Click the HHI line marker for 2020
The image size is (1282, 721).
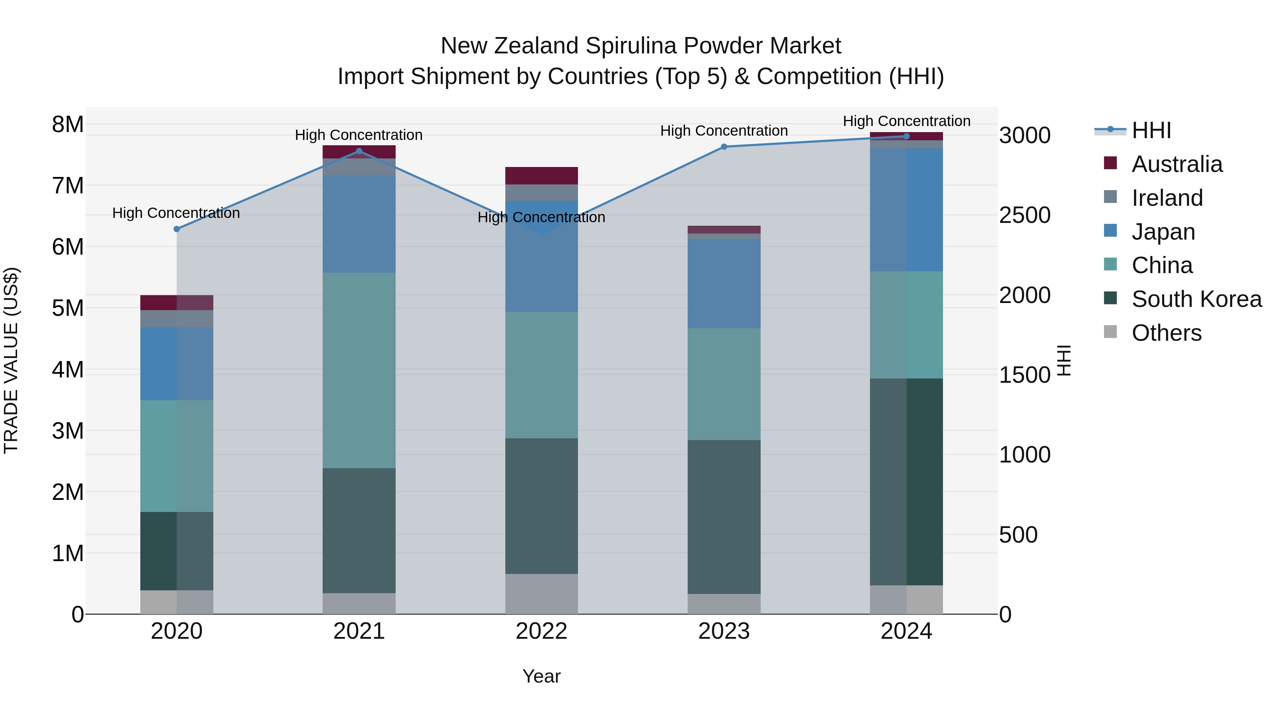177,229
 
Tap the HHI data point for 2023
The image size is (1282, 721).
724,147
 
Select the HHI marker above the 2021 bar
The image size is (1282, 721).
359,151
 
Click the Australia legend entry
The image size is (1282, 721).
1177,164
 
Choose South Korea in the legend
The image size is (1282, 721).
1197,299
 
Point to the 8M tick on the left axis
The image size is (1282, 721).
68,124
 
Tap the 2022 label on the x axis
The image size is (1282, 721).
541,631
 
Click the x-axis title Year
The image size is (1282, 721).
541,676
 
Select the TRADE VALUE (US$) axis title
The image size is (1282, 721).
11,360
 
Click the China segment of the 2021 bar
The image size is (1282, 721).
359,370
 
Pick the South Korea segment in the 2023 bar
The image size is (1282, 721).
724,517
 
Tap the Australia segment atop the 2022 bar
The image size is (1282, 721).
541,176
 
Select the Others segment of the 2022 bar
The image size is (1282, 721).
541,594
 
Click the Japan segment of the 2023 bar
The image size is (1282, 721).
724,284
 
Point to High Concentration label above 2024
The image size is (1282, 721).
906,121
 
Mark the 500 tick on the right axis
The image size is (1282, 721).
1018,535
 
